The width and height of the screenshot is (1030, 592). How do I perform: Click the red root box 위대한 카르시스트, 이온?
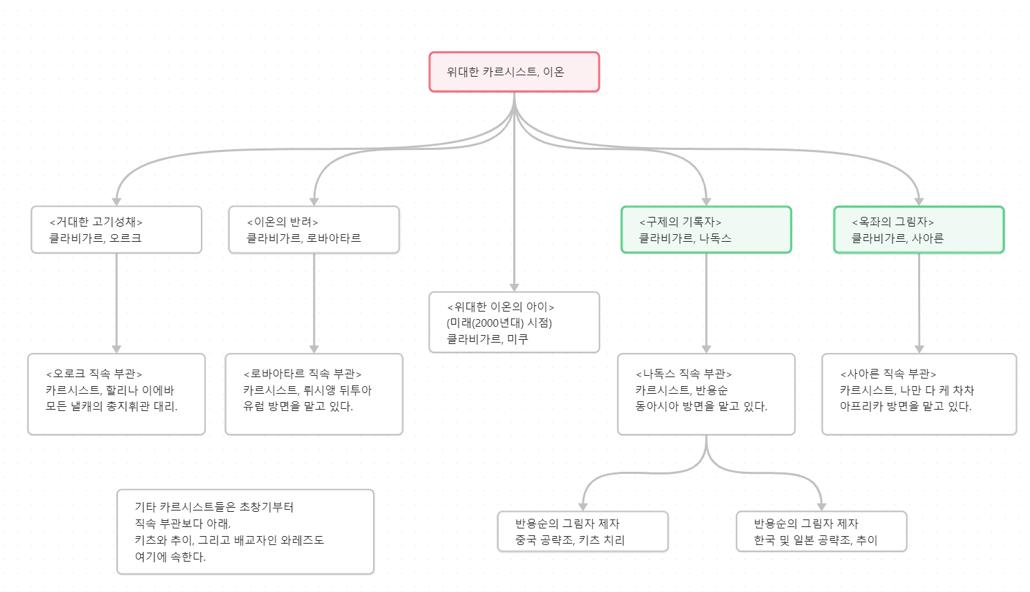tap(514, 72)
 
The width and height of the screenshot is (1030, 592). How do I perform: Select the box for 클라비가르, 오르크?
tap(116, 230)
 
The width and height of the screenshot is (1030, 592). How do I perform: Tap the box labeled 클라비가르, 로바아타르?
tap(314, 230)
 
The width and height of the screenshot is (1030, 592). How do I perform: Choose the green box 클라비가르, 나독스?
tap(706, 230)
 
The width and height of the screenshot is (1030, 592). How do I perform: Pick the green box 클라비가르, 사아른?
tap(918, 230)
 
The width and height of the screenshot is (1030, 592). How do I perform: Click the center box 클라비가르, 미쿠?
tap(514, 323)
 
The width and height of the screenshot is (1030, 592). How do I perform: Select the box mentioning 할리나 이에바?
tap(116, 394)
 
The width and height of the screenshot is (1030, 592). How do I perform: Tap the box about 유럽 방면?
tap(314, 394)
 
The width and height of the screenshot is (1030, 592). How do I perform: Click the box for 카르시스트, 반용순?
tap(706, 394)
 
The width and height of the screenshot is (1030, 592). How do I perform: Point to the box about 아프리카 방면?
tap(918, 394)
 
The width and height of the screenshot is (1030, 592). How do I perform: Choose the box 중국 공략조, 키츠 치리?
tap(582, 532)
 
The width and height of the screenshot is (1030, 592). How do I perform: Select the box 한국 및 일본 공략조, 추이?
tap(821, 532)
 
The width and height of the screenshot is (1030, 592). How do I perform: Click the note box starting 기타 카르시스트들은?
tap(245, 532)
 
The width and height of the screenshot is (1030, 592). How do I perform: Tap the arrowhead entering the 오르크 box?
tap(117, 201)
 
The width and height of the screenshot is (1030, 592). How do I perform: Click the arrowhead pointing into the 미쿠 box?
tap(514, 287)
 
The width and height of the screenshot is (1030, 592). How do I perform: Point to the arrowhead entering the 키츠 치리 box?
tap(583, 506)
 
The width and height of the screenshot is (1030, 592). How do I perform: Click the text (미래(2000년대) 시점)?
tap(499, 323)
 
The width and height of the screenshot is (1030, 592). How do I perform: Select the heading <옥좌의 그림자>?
tap(893, 222)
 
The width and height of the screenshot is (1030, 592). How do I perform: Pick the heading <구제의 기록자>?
tap(680, 222)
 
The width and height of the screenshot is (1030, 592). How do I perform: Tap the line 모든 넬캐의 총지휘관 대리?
tap(112, 406)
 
